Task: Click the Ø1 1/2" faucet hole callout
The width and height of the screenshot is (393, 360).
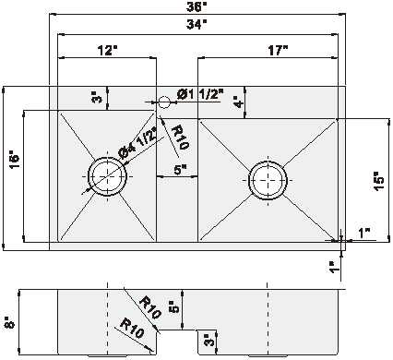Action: pos(198,94)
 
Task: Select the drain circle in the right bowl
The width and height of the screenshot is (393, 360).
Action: pos(268,177)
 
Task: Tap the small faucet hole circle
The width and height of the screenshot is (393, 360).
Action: pos(163,101)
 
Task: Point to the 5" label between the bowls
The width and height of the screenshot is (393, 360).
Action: pos(180,169)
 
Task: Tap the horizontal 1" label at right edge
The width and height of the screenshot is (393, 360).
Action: pos(363,234)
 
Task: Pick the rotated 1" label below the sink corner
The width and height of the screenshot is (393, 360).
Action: pos(333,267)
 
